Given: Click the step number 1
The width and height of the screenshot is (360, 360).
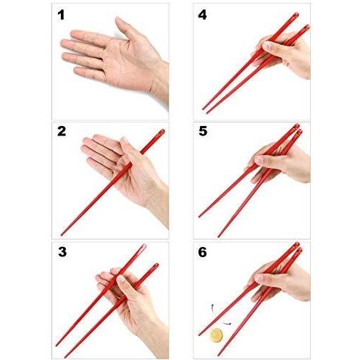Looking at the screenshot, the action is pos(61,14).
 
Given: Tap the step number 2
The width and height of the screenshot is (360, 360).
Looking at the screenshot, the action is pos(62,131).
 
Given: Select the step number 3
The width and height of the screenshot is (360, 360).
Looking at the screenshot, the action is pos(62,252).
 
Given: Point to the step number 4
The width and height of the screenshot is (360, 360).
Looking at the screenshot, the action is pos(202,14).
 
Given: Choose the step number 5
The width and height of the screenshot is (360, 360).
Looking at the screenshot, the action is pos(203,131).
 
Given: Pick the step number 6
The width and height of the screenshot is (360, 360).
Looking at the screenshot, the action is pos(202,252).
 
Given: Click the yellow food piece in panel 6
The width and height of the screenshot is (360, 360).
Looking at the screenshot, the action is pos(216,335).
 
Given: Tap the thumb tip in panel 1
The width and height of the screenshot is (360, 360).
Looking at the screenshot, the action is pos(118,20).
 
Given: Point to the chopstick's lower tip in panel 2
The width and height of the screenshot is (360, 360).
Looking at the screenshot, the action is pos(62,234).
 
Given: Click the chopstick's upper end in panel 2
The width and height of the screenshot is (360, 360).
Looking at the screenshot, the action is pos(162,132).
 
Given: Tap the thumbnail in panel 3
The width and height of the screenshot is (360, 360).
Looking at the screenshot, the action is pos(120,280).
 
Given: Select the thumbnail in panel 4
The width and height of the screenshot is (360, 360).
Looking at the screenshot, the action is pos(267,46).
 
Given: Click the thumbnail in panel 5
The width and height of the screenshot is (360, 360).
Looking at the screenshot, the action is pos(259,159).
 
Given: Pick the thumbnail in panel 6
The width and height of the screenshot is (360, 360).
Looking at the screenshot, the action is pos(259,278).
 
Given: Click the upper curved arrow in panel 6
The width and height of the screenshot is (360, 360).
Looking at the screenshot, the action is pos(212,308).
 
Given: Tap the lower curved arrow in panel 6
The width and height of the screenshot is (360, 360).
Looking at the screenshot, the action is pos(227,323).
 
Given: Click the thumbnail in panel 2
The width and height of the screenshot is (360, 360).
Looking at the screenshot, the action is pos(125,141).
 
